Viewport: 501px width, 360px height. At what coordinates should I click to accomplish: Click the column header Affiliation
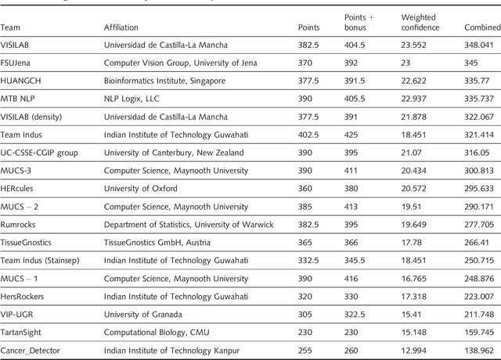[121, 28]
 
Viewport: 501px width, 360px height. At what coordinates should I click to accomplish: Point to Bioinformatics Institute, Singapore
[164, 79]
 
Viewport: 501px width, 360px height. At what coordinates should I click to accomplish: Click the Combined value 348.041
[478, 45]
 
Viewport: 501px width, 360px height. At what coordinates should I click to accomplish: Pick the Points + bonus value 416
[354, 279]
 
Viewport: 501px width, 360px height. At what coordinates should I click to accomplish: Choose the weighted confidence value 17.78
[411, 243]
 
